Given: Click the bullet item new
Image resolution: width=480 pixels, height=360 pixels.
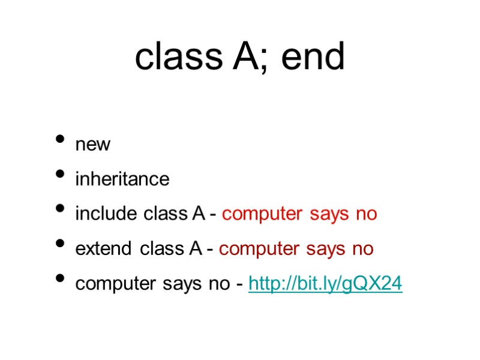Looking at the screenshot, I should pos(93,145).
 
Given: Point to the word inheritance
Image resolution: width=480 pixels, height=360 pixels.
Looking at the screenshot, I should pos(122,179).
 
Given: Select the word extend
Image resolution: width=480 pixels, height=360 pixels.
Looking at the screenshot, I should pos(105,248).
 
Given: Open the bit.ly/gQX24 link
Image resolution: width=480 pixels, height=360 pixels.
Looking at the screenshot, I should pos(325,284).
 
